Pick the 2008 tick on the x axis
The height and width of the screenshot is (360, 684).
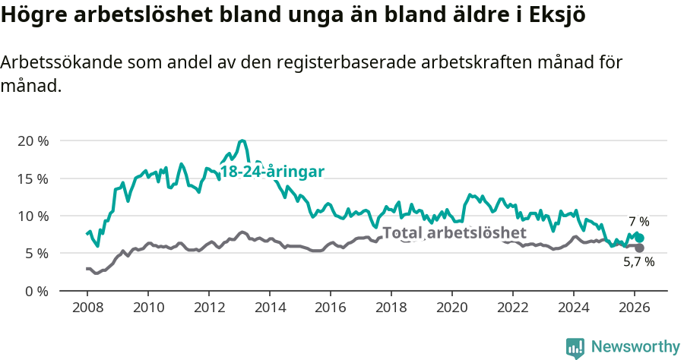pos(87,308)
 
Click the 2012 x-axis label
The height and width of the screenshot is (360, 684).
pos(208,308)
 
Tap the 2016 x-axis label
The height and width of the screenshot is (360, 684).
pos(330,308)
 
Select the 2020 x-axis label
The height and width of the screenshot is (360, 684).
pos(451,308)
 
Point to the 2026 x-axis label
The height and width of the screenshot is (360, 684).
pos(634,308)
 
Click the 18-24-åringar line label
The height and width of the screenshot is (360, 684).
pos(272,172)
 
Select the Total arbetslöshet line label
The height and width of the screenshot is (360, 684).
pos(454,232)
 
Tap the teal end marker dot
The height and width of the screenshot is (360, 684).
pos(640,238)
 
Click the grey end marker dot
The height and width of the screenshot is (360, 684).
pos(640,248)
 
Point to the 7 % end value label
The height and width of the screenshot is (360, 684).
pos(638,222)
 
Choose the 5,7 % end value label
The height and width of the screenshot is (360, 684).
pos(638,262)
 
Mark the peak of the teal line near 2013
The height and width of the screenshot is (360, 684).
pos(242,141)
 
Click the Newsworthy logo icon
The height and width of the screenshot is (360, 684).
pos(575,348)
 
